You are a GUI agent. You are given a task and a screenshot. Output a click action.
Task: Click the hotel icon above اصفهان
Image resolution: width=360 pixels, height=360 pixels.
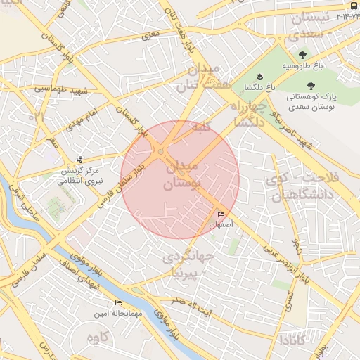[221, 214]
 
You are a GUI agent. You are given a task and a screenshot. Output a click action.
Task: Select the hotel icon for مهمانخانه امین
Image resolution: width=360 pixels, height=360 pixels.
[117, 303]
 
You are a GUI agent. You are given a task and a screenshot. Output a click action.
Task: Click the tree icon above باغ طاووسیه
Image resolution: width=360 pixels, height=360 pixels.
[302, 54]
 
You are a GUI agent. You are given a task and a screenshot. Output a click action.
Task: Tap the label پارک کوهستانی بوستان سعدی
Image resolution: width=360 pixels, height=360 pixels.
[333, 100]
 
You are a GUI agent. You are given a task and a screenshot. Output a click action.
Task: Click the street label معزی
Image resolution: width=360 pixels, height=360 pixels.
[150, 34]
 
